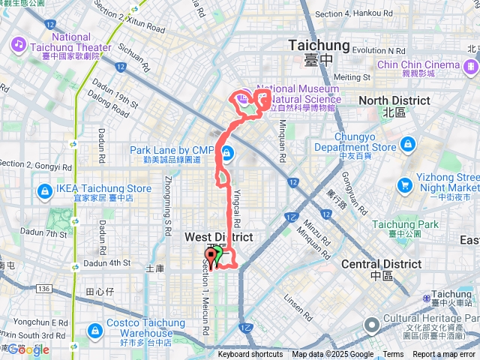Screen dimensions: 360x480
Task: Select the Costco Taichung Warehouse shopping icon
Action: [x=96, y=329]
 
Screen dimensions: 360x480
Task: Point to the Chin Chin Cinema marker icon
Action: [x=470, y=70]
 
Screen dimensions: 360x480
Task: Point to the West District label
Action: [x=218, y=237]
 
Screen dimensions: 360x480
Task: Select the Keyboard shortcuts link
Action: [x=250, y=355]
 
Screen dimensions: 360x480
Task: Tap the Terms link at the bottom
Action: [x=393, y=355]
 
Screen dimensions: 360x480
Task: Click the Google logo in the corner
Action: [x=28, y=349]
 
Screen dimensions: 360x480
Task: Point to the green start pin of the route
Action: [x=217, y=256]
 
